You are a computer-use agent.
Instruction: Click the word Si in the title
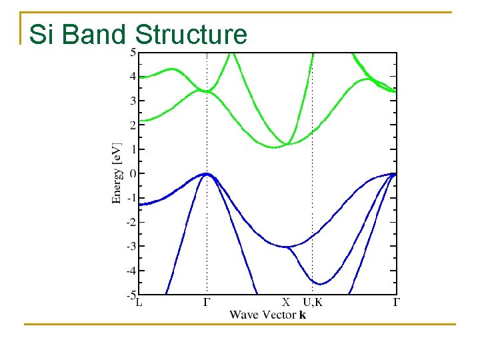[x=43, y=35]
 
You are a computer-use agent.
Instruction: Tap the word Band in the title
[x=93, y=35]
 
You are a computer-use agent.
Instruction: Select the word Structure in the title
[x=191, y=35]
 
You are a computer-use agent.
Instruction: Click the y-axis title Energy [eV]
[x=117, y=172]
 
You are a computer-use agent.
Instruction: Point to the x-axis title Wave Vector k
[x=268, y=315]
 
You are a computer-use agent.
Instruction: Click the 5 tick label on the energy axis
[x=133, y=53]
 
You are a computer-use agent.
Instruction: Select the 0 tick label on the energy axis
[x=133, y=174]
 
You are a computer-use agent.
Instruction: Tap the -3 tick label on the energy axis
[x=131, y=247]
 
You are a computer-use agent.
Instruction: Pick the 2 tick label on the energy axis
[x=133, y=125]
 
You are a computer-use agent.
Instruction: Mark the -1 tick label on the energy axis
[x=131, y=198]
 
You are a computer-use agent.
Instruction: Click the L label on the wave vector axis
[x=139, y=302]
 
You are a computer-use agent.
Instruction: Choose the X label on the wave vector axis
[x=287, y=302]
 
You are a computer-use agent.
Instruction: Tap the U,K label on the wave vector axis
[x=312, y=302]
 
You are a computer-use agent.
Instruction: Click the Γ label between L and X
[x=207, y=302]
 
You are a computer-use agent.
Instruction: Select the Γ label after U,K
[x=396, y=302]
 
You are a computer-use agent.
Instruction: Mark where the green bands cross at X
[x=287, y=144]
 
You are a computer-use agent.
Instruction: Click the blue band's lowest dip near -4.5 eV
[x=320, y=284]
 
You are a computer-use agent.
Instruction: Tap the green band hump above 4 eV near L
[x=173, y=69]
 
